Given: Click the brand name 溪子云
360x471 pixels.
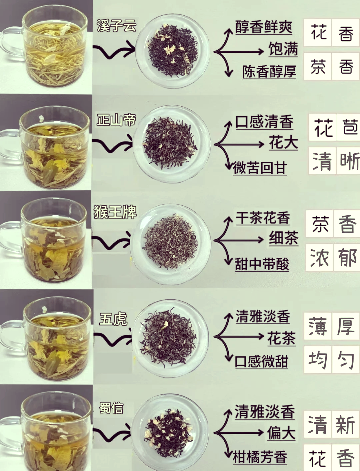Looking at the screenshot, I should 116,26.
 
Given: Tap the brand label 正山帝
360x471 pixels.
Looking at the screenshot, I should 116,120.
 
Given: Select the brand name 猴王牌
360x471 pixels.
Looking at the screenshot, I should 115,212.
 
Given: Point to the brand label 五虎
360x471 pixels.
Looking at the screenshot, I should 113,319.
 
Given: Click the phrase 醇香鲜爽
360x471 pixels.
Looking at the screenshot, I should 264,27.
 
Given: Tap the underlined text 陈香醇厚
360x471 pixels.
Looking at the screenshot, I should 269,72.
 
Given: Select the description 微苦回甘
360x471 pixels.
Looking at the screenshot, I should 260,168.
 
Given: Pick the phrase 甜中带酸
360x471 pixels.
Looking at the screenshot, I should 262,264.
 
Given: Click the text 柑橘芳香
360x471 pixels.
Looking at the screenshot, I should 260,457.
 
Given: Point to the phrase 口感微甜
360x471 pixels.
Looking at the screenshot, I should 261,361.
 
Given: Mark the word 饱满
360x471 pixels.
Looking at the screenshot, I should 283,49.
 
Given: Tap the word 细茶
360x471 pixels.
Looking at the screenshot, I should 283,238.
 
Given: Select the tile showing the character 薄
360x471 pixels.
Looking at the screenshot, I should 317,326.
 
